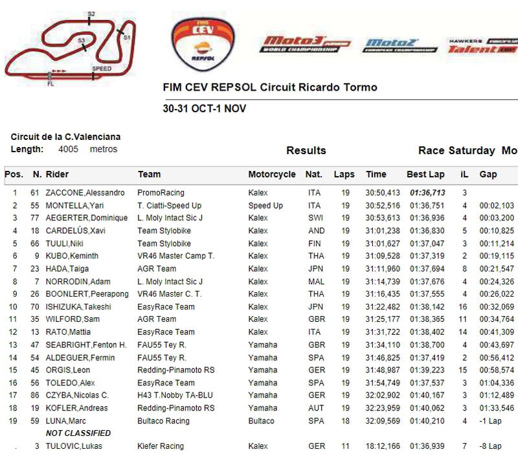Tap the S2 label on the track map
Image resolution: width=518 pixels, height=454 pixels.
tap(91, 14)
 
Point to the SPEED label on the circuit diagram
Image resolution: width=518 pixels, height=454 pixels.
tap(102, 69)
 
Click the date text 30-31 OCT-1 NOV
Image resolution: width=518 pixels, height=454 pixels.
tap(204, 108)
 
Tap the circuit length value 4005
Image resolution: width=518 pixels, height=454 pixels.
tap(68, 149)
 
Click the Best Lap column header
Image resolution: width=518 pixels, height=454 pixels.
tap(425, 174)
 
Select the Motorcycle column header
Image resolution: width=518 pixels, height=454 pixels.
tap(272, 174)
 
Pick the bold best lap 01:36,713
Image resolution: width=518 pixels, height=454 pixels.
tap(426, 193)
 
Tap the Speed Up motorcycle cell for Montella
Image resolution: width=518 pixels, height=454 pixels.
tap(265, 205)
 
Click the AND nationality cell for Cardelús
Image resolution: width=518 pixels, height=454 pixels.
tap(314, 231)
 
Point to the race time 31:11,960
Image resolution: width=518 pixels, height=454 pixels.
tap(383, 269)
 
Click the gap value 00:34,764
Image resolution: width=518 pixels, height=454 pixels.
tap(497, 319)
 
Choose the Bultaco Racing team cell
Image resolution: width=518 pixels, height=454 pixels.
tap(164, 421)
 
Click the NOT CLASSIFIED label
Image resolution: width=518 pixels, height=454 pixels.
tap(78, 433)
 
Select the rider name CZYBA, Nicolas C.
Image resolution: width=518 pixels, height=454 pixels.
tap(77, 396)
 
